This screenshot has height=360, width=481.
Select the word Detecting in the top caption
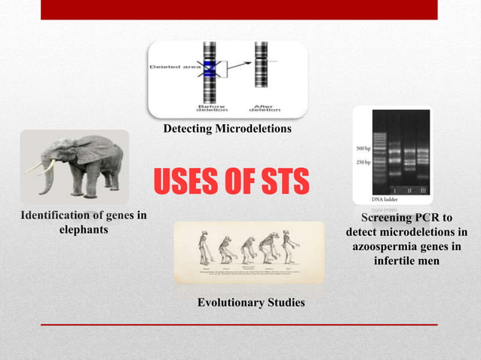[188, 129]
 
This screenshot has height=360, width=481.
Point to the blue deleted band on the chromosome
[209, 69]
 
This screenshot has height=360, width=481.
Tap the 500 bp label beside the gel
[364, 148]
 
